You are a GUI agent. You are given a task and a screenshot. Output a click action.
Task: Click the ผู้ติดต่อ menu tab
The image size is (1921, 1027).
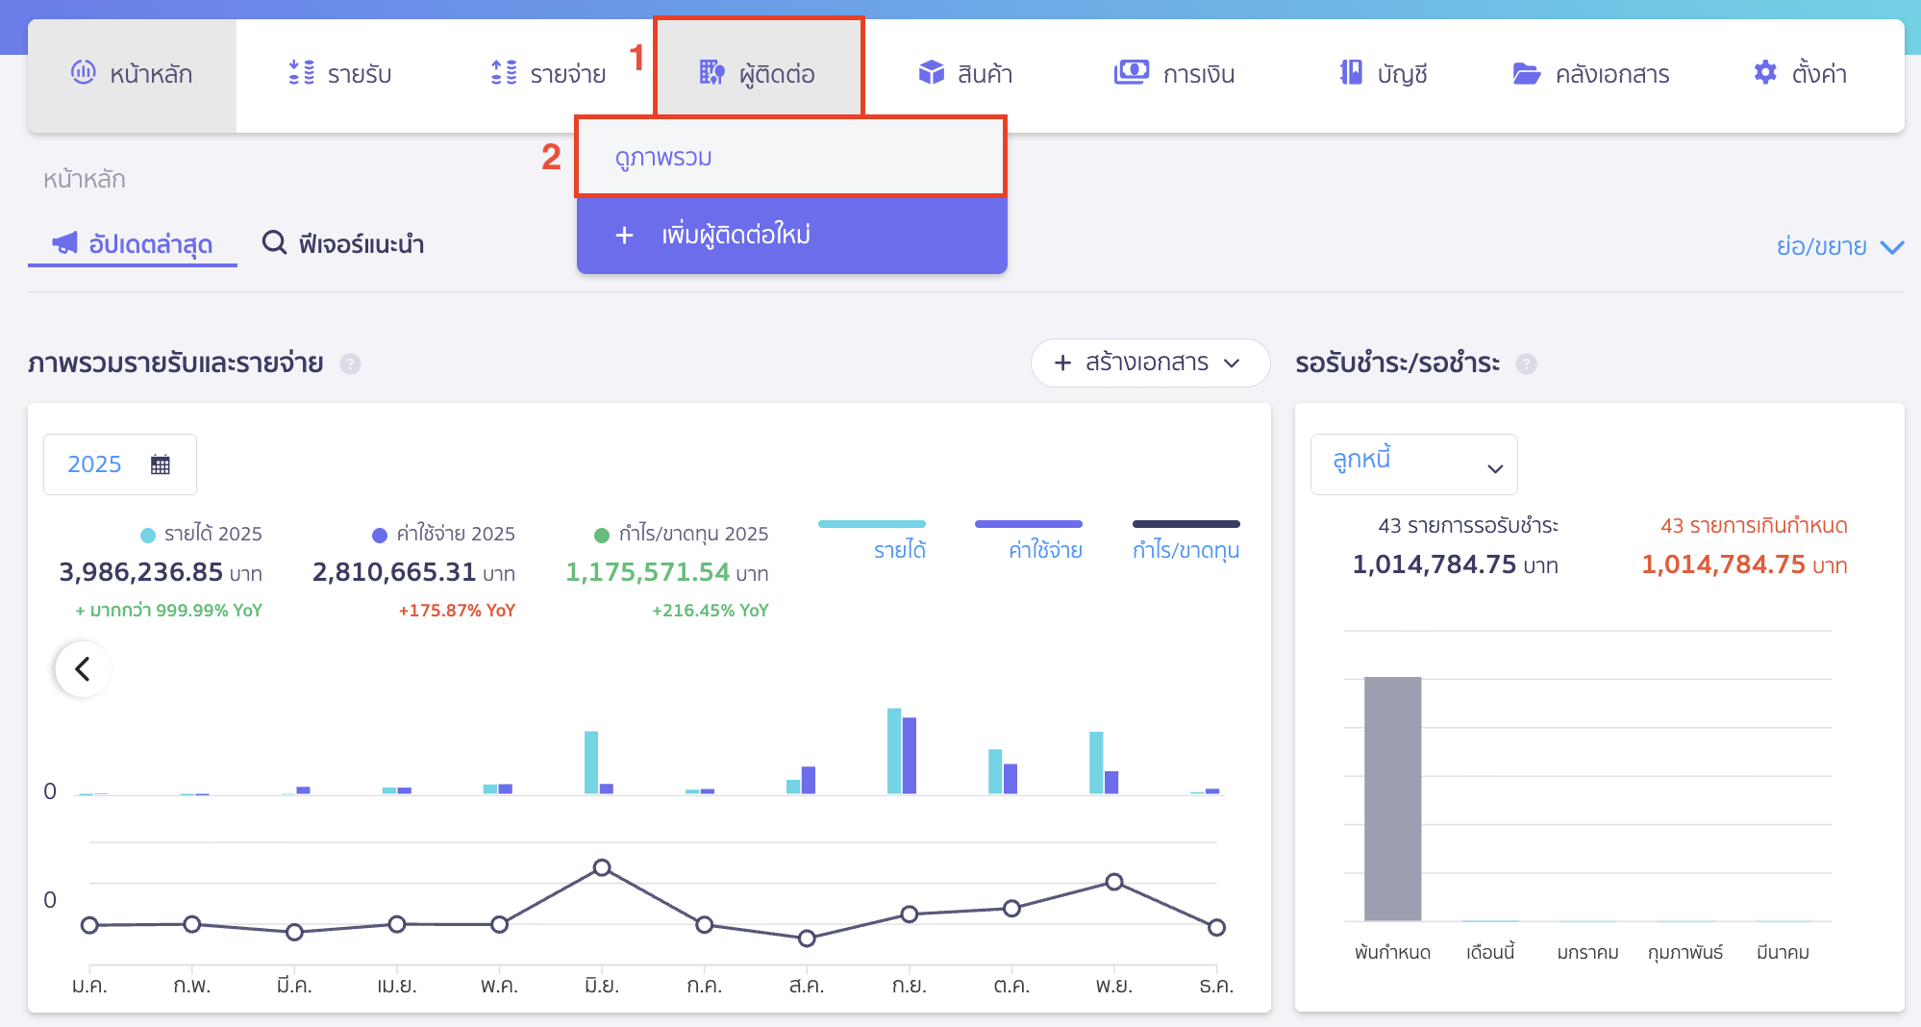click(759, 73)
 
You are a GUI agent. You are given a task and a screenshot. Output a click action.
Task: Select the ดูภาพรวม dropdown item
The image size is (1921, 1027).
click(663, 158)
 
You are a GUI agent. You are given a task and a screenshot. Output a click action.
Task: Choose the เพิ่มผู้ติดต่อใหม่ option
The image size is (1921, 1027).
click(736, 235)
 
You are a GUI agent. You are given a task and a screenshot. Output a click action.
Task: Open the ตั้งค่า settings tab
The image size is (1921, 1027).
click(1800, 73)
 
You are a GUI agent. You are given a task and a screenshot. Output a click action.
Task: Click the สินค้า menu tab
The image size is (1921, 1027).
click(965, 73)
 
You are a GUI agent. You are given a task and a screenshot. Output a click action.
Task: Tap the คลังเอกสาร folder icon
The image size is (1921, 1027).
click(1526, 73)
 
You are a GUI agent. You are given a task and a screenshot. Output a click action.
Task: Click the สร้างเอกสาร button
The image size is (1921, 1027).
click(1149, 363)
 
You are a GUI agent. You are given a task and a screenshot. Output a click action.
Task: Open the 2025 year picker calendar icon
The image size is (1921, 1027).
click(161, 464)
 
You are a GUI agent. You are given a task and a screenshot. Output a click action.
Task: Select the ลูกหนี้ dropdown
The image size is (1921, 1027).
click(1413, 464)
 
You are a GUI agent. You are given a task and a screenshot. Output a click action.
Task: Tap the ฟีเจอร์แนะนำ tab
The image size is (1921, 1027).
click(343, 243)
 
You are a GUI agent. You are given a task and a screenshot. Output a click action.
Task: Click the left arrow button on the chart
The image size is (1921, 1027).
click(84, 668)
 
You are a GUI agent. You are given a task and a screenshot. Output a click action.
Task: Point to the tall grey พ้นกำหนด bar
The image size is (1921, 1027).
click(1392, 798)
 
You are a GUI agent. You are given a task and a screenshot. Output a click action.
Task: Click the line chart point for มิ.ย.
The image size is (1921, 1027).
click(602, 867)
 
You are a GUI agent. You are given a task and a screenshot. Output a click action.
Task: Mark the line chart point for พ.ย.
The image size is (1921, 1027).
click(1114, 882)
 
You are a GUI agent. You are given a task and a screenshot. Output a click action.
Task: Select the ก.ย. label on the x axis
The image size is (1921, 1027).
click(909, 986)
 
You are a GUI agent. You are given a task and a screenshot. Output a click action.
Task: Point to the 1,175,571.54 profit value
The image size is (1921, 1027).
click(647, 572)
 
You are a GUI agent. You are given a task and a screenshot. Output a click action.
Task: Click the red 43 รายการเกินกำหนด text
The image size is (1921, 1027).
click(1754, 526)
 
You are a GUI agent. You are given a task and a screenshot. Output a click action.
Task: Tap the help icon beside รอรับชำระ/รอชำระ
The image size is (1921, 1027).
click(1526, 363)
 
